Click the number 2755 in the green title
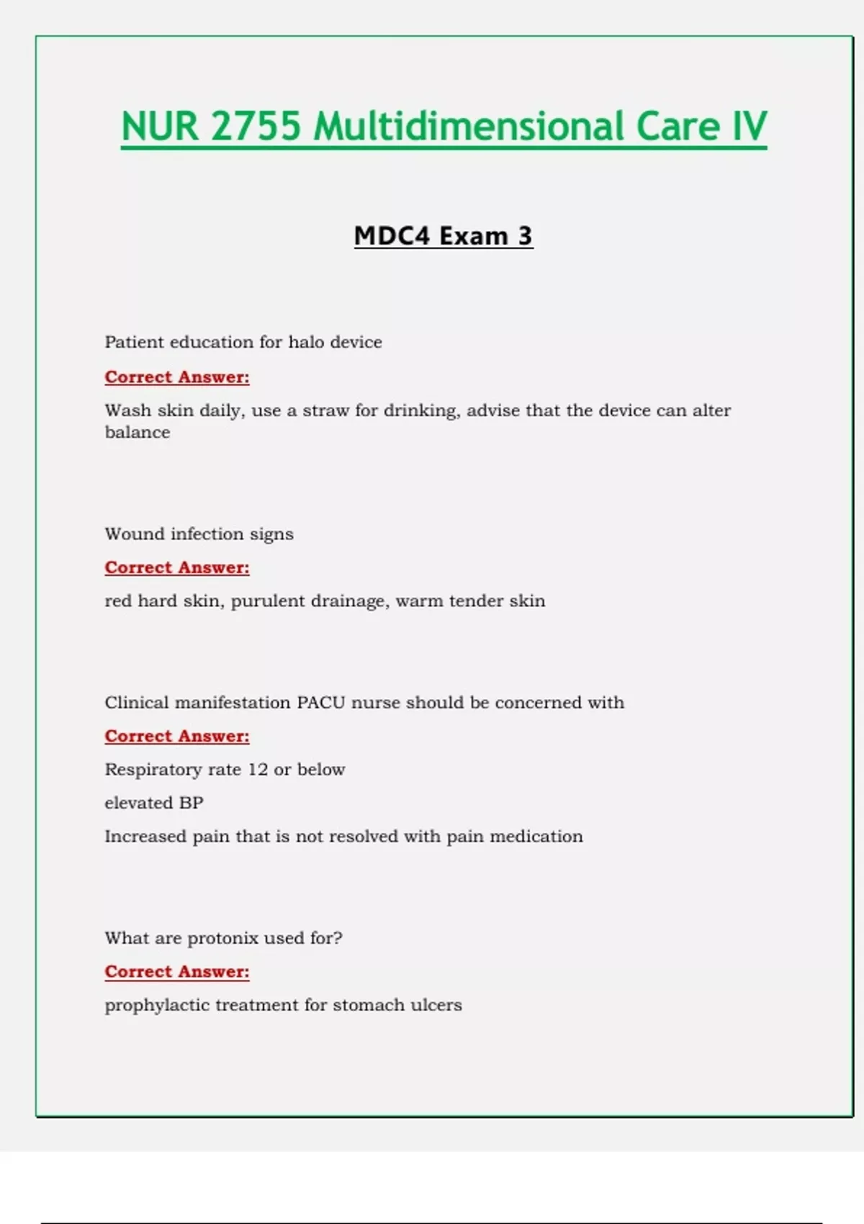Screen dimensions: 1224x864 pyautogui.click(x=256, y=126)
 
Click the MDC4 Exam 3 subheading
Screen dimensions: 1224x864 pyautogui.click(x=443, y=236)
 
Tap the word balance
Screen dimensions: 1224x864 pyautogui.click(x=138, y=433)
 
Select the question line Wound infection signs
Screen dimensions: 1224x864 pyautogui.click(x=199, y=534)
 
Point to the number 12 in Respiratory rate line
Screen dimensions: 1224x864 pyautogui.click(x=258, y=770)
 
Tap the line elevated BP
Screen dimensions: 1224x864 pyautogui.click(x=154, y=803)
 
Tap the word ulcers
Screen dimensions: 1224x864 pyautogui.click(x=436, y=1005)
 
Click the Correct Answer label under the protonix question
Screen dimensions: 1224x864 pyautogui.click(x=177, y=972)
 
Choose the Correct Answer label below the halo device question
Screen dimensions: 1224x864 pyautogui.click(x=177, y=377)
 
